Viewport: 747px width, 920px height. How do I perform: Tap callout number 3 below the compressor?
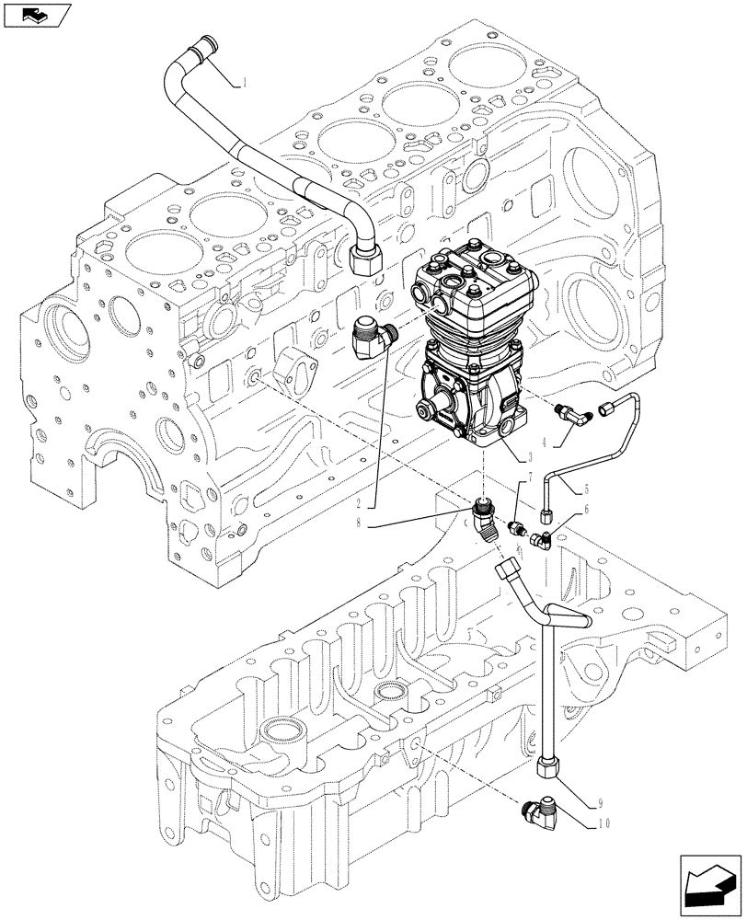[533, 456]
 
